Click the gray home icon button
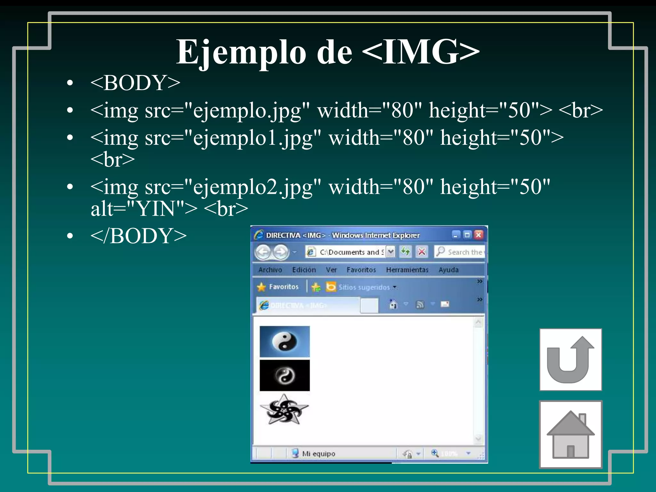pos(570,434)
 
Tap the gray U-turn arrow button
pos(570,359)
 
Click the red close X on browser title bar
pos(479,235)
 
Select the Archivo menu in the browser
pos(270,270)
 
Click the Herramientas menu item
pos(407,270)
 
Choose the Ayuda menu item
pos(448,270)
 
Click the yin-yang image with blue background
pos(284,341)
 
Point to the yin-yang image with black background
pos(284,375)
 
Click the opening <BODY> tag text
pos(135,83)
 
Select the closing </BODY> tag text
pos(138,236)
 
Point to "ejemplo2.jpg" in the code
pos(253,187)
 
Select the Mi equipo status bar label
pos(318,454)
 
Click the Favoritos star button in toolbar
pos(278,287)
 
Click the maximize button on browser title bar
pos(467,235)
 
